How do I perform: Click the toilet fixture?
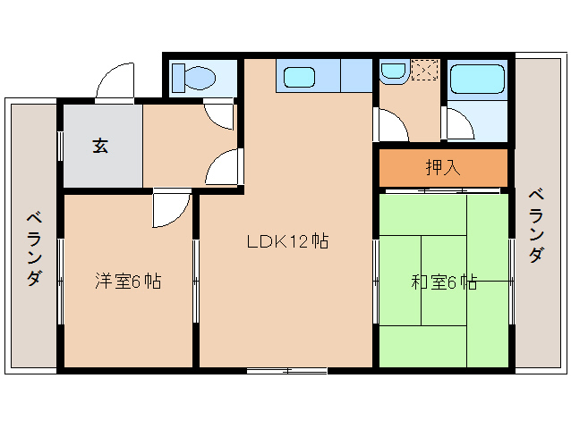click(193, 77)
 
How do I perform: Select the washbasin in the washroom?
click(392, 71)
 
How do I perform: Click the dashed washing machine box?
click(424, 70)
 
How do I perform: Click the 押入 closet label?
click(442, 167)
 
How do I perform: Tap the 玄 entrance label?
click(100, 146)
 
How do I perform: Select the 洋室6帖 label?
click(129, 281)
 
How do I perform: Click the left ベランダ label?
click(33, 248)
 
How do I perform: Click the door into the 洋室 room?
click(170, 209)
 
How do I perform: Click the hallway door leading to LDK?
click(226, 166)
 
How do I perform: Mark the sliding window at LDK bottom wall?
click(286, 369)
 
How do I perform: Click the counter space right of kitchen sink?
click(355, 75)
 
